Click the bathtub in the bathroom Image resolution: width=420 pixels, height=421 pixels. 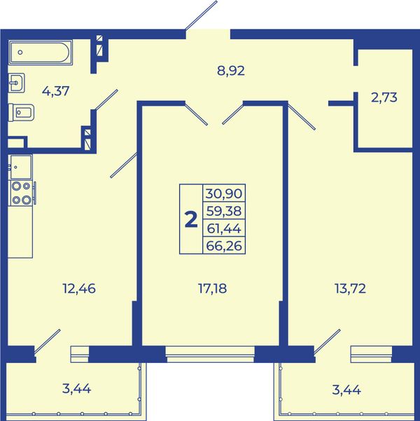tap(41, 53)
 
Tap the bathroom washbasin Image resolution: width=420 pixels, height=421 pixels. tap(16, 83)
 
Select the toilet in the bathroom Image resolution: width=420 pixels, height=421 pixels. tap(21, 113)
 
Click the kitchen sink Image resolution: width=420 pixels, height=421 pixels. tap(21, 167)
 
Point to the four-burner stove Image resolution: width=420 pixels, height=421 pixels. tap(22, 193)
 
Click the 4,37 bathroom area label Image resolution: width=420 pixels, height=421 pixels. tap(56, 91)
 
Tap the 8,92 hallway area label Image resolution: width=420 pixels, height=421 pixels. tap(231, 71)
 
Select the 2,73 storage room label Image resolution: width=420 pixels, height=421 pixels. tap(384, 97)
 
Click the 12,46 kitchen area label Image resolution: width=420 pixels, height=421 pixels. tap(79, 289)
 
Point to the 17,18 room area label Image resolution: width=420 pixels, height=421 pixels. tap(212, 289)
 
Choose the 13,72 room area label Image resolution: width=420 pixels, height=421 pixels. tap(350, 289)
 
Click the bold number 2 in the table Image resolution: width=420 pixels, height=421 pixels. tap(191, 219)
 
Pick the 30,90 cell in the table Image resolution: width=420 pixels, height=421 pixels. tap(224, 193)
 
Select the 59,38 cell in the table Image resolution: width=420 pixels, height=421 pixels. tap(224, 211)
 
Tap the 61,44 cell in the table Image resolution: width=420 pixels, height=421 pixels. tap(224, 228)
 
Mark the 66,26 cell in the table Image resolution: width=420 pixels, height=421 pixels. tap(224, 245)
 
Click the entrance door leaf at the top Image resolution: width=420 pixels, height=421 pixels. tap(201, 15)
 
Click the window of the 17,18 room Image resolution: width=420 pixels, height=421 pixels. tap(210, 354)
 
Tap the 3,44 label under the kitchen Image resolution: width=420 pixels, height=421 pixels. tap(76, 389)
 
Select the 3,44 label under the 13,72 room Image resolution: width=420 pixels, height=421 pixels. tap(346, 389)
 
